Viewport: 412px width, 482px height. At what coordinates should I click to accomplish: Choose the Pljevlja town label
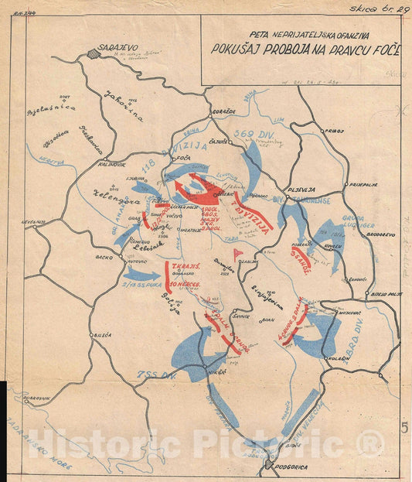(298, 187)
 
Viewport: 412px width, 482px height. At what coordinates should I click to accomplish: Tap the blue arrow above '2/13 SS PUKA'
(139, 273)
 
